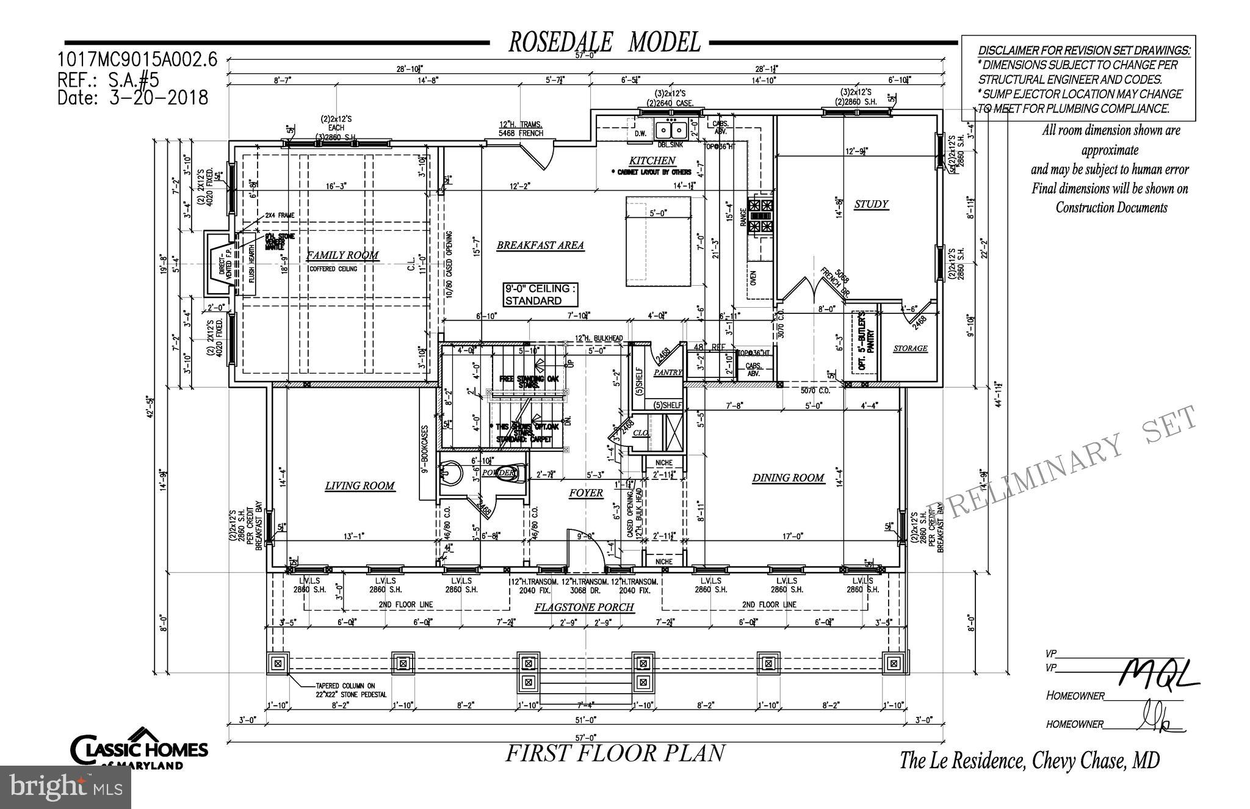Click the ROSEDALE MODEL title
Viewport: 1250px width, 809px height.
click(x=604, y=42)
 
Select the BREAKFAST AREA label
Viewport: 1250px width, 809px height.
click(x=540, y=245)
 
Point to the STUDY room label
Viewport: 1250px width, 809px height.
click(x=871, y=204)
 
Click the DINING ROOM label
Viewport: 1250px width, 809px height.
click(x=788, y=477)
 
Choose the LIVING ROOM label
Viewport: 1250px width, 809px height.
click(x=359, y=485)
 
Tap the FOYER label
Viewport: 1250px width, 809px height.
click(x=586, y=493)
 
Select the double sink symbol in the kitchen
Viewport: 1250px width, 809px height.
click(x=670, y=130)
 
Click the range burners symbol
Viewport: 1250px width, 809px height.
click(x=761, y=216)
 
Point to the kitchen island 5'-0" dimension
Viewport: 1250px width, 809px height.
click(x=658, y=213)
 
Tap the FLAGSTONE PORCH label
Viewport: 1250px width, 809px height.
click(x=584, y=607)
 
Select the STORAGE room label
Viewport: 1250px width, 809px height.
click(x=910, y=348)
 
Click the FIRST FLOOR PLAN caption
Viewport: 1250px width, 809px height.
click(x=615, y=753)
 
